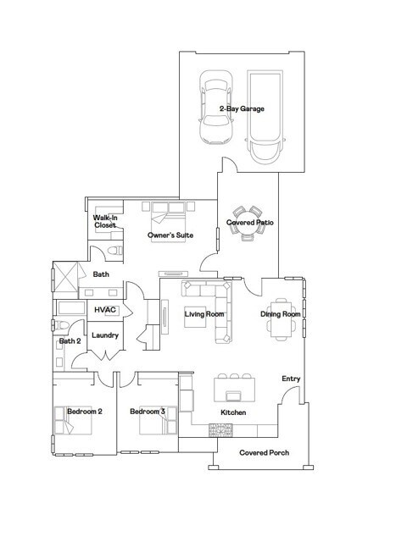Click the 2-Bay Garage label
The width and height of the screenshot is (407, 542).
pyautogui.click(x=242, y=108)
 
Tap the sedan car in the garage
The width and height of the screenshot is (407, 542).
pyautogui.click(x=216, y=108)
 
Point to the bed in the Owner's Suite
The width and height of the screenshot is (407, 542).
pyautogui.click(x=168, y=222)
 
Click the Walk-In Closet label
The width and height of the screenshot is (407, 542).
pyautogui.click(x=105, y=221)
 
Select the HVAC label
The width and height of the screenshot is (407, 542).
pyautogui.click(x=105, y=309)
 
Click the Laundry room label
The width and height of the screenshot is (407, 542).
pyautogui.click(x=105, y=335)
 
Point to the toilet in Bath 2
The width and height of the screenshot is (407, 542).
pyautogui.click(x=62, y=325)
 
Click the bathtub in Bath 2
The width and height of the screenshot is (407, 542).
pyautogui.click(x=71, y=307)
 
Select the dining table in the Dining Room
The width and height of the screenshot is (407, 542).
pyautogui.click(x=281, y=319)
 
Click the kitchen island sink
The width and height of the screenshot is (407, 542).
pyautogui.click(x=233, y=395)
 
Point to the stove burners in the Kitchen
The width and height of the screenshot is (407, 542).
pyautogui.click(x=220, y=430)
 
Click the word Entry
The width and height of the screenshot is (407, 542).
pyautogui.click(x=291, y=379)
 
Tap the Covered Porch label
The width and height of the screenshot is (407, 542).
pyautogui.click(x=265, y=452)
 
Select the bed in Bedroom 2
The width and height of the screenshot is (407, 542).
pyautogui.click(x=74, y=420)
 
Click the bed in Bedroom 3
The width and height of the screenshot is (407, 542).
pyautogui.click(x=159, y=420)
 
